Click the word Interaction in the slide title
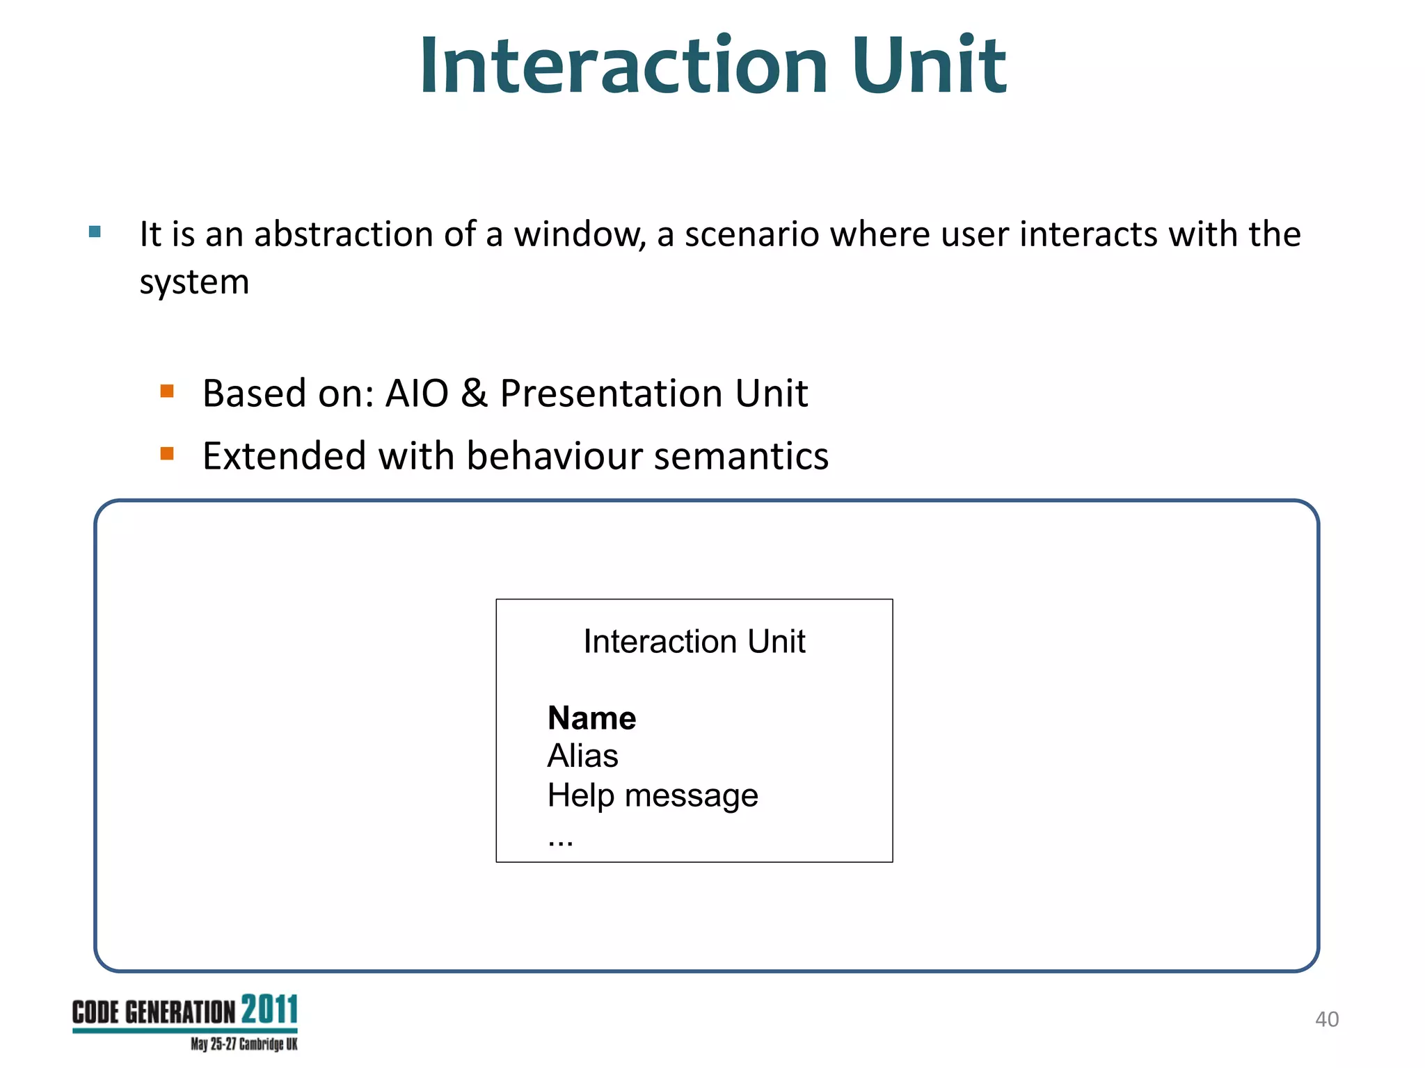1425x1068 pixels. tap(623, 66)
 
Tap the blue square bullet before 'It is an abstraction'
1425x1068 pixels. tap(95, 232)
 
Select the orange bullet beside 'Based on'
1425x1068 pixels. tap(167, 391)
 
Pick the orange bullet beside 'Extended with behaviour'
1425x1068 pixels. tap(167, 454)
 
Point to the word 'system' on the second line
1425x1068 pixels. tap(194, 283)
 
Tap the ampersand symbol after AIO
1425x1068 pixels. tap(474, 394)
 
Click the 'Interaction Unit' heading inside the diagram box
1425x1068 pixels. tap(694, 641)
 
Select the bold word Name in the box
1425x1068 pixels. tap(591, 718)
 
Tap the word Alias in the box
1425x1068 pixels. tap(582, 756)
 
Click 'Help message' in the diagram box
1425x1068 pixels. tap(652, 795)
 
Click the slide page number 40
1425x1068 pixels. tap(1326, 1019)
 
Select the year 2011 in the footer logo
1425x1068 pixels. tap(269, 1010)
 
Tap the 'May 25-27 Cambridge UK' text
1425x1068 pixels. tap(244, 1044)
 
